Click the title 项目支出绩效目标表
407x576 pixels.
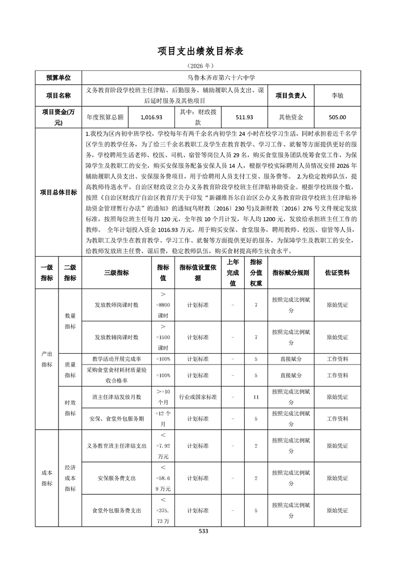point(203,51)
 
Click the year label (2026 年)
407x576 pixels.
point(203,66)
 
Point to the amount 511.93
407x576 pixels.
point(244,117)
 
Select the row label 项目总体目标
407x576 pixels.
point(59,193)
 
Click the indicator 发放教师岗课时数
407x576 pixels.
point(117,305)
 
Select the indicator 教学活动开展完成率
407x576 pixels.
point(117,359)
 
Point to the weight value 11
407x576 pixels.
point(256,397)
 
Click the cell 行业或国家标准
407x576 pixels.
point(198,397)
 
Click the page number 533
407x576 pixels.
point(203,531)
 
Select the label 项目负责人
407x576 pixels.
point(291,95)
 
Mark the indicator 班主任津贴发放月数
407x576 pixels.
point(117,397)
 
